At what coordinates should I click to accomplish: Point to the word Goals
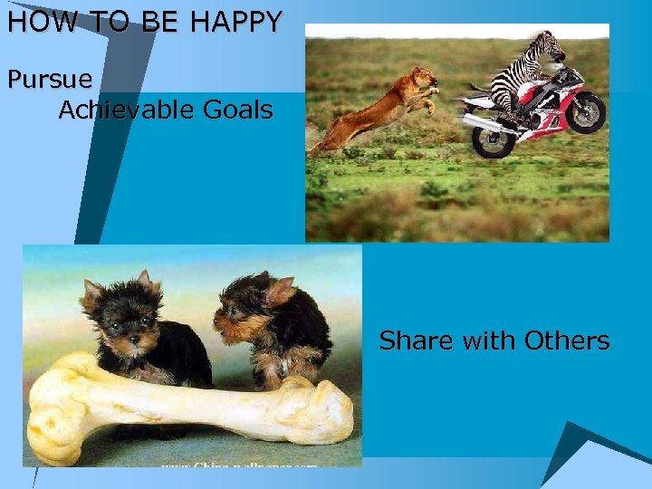pyautogui.click(x=237, y=110)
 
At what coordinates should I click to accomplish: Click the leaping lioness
pyautogui.click(x=380, y=107)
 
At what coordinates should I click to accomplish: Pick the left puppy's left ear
pyautogui.click(x=91, y=292)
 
